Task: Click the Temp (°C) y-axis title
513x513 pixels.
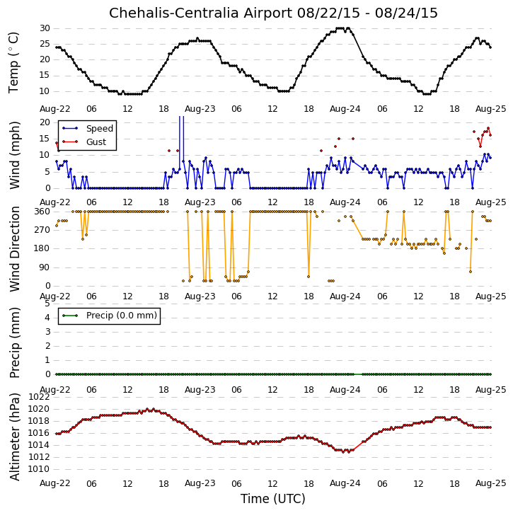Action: [x=13, y=62]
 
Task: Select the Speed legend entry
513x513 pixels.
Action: [x=100, y=129]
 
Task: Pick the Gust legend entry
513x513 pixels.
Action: [x=96, y=142]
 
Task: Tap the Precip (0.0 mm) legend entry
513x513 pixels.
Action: [x=122, y=316]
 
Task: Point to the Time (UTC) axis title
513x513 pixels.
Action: [x=273, y=499]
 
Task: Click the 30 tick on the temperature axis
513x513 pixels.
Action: [x=45, y=28]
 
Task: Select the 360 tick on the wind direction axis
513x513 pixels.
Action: [x=42, y=212]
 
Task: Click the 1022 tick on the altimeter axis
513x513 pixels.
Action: [x=39, y=397]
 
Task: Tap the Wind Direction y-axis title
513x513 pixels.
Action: [x=15, y=249]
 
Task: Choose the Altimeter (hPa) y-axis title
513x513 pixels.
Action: [x=15, y=437]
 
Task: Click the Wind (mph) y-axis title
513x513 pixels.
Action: [x=15, y=156]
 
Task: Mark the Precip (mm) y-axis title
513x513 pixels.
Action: [x=15, y=343]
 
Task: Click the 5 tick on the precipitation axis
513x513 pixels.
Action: [x=47, y=304]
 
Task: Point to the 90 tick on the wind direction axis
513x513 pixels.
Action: [x=45, y=267]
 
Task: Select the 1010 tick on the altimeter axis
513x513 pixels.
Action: [x=39, y=469]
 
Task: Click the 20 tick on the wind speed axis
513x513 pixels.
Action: [x=45, y=122]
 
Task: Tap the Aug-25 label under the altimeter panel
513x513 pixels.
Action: [x=491, y=483]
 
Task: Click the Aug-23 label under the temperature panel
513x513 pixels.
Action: [x=200, y=109]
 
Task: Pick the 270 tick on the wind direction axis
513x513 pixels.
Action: [x=42, y=230]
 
